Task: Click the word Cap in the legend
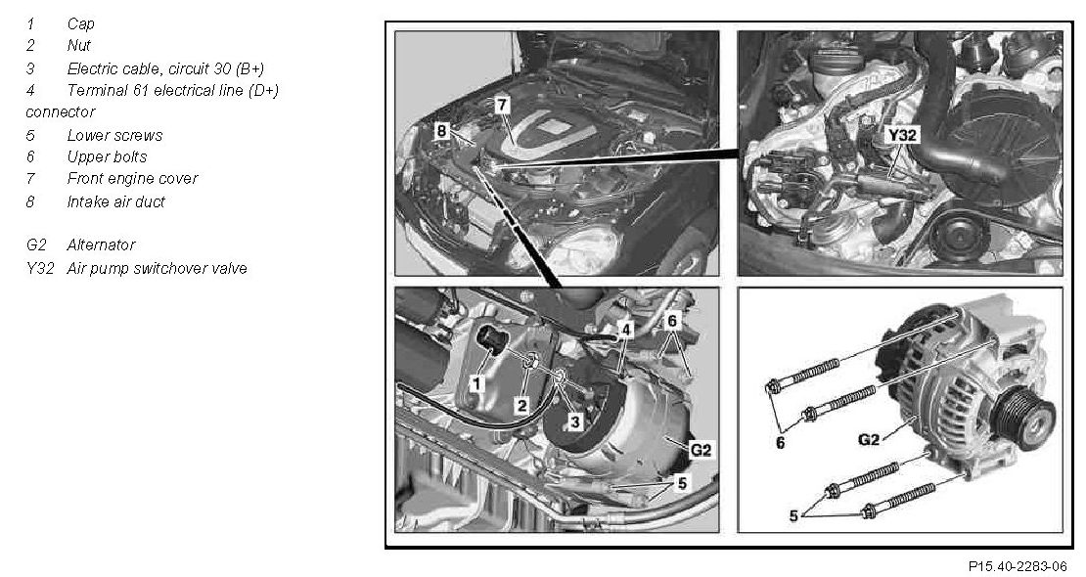pos(80,23)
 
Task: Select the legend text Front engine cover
pos(132,179)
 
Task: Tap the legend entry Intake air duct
pos(116,201)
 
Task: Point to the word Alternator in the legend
pos(101,244)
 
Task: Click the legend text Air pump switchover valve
pos(158,268)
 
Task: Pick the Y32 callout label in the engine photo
pos(902,135)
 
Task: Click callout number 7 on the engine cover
pos(502,106)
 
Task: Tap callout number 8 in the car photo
pos(442,130)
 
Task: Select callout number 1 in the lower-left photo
pos(475,382)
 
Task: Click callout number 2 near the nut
pos(521,405)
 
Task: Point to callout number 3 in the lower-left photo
pos(576,421)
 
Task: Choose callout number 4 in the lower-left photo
pos(625,330)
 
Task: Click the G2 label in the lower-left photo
pos(701,450)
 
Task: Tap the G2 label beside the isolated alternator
pos(869,439)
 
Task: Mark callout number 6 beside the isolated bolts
pos(781,443)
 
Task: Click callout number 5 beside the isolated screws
pos(793,515)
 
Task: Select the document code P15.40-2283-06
pos(1018,566)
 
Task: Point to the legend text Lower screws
pos(115,135)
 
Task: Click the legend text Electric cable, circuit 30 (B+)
pos(165,68)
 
